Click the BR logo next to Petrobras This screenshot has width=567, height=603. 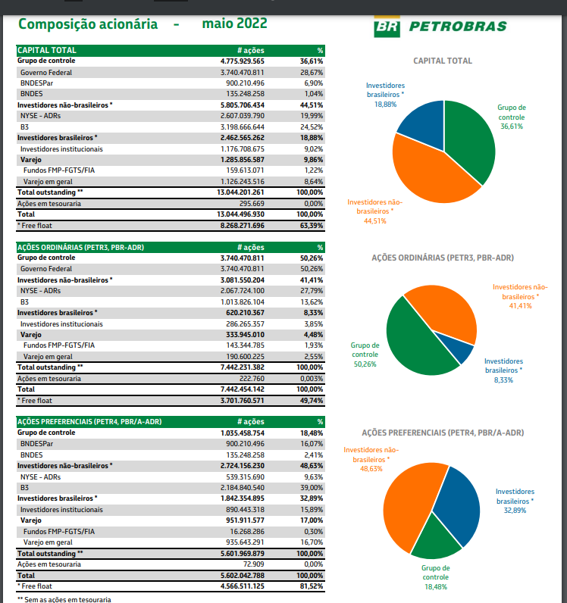387,27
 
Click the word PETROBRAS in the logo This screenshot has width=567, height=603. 458,27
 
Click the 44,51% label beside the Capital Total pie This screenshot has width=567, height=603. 375,220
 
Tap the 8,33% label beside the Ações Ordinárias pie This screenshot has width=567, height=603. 503,380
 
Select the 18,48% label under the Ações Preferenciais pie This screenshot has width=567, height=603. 436,587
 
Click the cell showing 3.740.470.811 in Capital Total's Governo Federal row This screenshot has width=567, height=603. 242,72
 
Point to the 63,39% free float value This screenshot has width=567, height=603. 312,225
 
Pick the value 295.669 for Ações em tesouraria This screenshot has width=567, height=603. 252,204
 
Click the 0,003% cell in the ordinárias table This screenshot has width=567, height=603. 312,379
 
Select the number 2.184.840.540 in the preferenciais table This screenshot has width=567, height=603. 242,488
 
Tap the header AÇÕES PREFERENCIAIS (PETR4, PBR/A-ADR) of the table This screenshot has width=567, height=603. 89,421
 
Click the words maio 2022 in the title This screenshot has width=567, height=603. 234,23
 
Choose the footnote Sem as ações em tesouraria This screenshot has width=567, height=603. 67,599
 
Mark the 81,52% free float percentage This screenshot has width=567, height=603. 312,586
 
